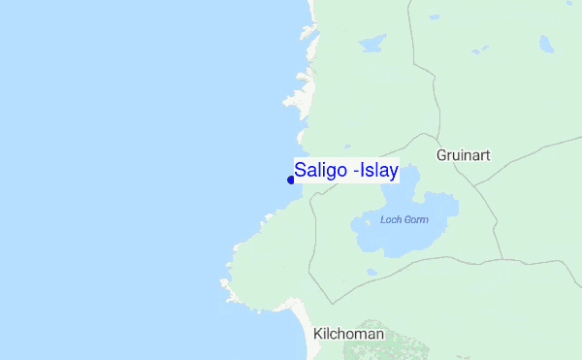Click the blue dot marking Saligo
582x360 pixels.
coord(291,180)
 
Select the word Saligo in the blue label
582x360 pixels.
coord(323,170)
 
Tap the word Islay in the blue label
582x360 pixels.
coord(380,170)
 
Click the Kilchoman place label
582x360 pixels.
coord(349,334)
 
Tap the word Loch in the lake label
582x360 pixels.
coord(391,220)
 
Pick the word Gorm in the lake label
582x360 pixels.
coord(415,220)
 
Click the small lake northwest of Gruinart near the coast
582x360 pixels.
coord(371,45)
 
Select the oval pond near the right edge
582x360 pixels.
coord(546,44)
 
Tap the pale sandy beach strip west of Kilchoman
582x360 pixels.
coord(303,320)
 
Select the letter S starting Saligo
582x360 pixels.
coord(301,170)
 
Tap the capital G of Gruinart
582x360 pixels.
coord(442,154)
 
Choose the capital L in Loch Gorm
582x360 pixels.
coord(383,220)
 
